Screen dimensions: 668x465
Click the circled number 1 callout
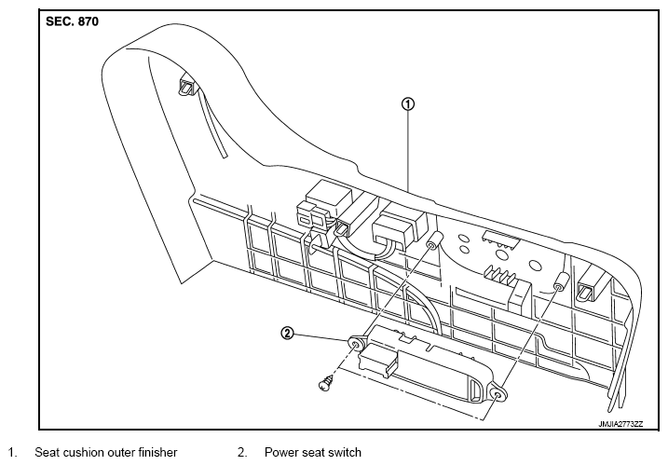pyautogui.click(x=408, y=104)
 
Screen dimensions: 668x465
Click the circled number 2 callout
pyautogui.click(x=288, y=333)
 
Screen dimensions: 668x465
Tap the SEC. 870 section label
pyautogui.click(x=72, y=21)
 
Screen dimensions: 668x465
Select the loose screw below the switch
pyautogui.click(x=326, y=383)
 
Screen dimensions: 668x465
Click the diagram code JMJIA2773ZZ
pyautogui.click(x=620, y=424)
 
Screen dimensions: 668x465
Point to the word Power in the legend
pyautogui.click(x=283, y=452)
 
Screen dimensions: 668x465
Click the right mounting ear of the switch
pyautogui.click(x=498, y=395)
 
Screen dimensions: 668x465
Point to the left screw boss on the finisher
pyautogui.click(x=432, y=241)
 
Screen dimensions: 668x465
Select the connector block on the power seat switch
pyautogui.click(x=377, y=361)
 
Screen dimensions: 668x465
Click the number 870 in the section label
pyautogui.click(x=89, y=21)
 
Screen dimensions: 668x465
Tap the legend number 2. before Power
pyautogui.click(x=242, y=452)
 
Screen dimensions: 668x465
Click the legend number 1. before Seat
pyautogui.click(x=12, y=452)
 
